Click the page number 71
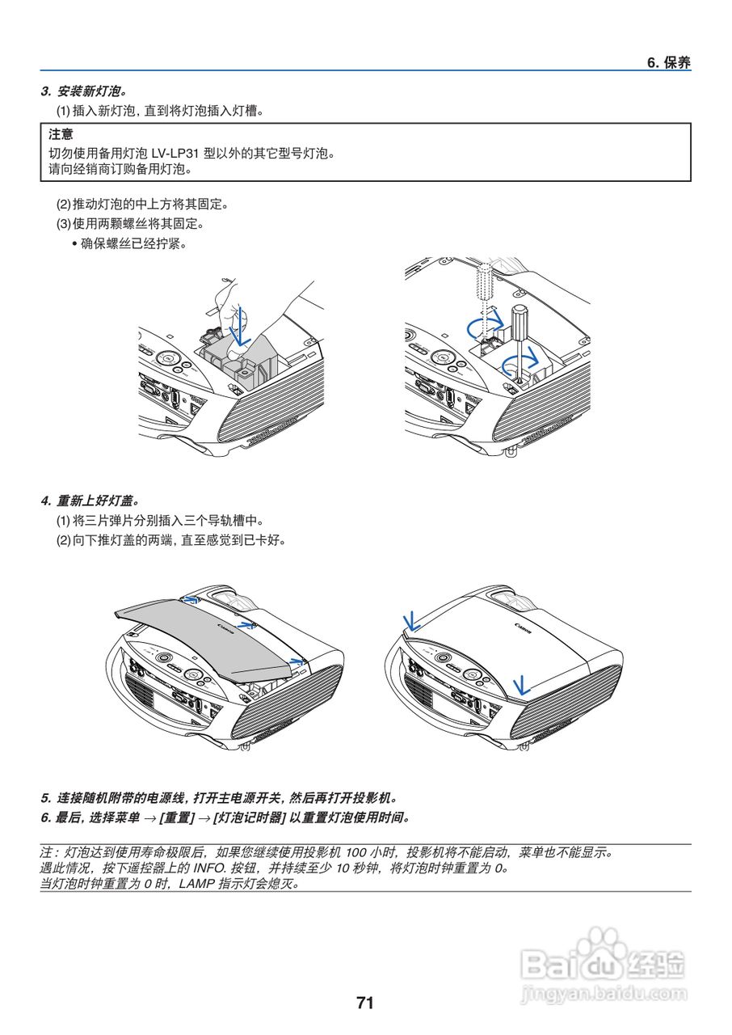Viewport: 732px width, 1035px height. (365, 1003)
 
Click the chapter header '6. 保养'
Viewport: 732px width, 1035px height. (669, 63)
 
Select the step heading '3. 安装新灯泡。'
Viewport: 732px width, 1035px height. (84, 91)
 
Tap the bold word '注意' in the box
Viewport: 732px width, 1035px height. (61, 134)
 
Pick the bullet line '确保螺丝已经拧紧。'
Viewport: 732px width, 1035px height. (133, 243)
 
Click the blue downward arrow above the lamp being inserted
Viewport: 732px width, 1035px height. (239, 323)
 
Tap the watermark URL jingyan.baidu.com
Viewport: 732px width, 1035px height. (604, 994)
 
